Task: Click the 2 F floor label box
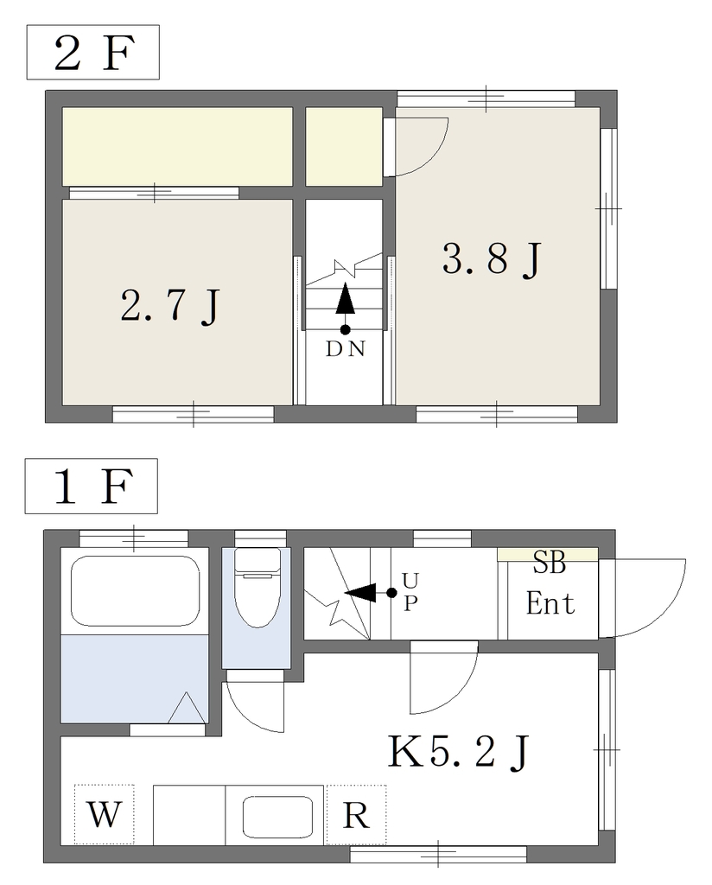click(93, 52)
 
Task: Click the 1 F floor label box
click(92, 486)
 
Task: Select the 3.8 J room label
click(492, 258)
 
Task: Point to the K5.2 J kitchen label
click(459, 752)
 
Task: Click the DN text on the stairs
click(346, 349)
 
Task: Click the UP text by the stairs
click(410, 592)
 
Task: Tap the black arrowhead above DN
click(346, 300)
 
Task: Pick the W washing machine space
click(105, 814)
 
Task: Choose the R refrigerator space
click(356, 815)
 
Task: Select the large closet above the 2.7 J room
click(177, 146)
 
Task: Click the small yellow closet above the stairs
click(344, 146)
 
